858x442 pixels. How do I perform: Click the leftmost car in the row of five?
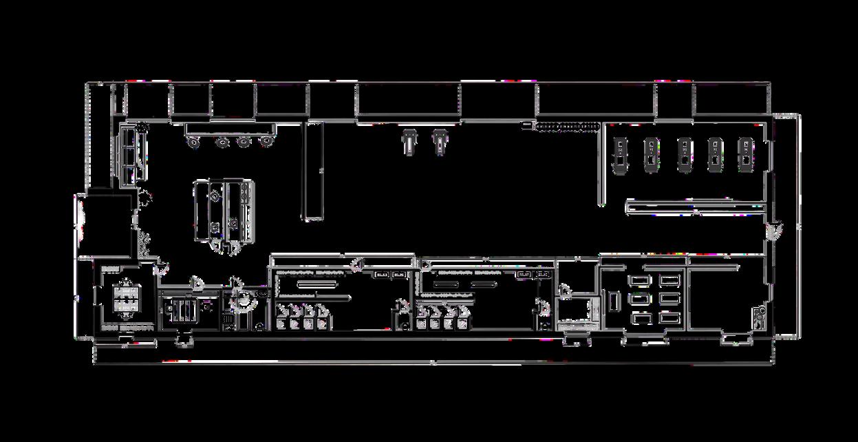[620, 153]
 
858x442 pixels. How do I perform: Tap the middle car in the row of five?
[685, 153]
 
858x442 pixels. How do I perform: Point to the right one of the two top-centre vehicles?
[439, 140]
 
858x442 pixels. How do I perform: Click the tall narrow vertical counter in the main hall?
[314, 171]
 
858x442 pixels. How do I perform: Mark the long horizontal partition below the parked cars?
[695, 206]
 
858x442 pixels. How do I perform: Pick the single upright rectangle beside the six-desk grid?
[611, 301]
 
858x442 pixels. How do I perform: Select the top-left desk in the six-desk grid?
[639, 280]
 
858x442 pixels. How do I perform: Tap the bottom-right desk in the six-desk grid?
[669, 317]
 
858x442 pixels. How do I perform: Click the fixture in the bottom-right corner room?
[758, 317]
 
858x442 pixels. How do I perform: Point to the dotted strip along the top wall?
[566, 126]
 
